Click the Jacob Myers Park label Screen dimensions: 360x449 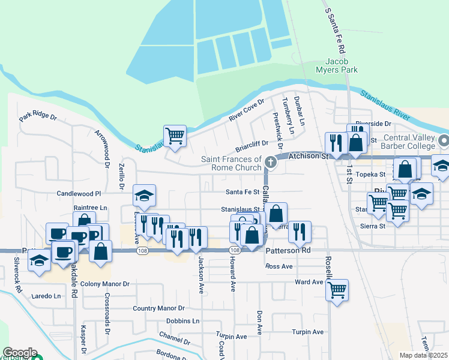[341, 65]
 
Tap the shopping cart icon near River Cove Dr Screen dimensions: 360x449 [175, 136]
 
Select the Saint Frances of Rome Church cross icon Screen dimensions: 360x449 [271, 162]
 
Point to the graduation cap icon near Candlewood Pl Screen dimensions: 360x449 [144, 195]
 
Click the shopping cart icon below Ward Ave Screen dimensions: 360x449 [337, 290]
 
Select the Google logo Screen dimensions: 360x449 [19, 352]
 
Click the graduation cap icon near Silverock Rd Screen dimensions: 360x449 [39, 260]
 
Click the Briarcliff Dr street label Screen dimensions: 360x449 [251, 144]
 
